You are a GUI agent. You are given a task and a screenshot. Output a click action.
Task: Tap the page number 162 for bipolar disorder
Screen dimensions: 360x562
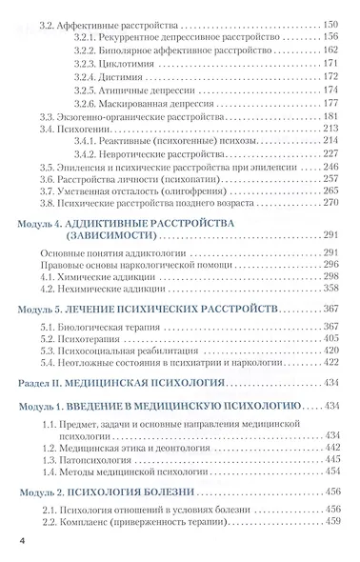coord(331,49)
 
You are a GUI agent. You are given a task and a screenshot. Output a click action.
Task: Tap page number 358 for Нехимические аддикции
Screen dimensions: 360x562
coord(331,287)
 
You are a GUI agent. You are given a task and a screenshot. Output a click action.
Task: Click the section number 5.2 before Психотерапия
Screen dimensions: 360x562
coord(49,337)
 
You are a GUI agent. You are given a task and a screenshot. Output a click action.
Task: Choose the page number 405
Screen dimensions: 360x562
coord(331,337)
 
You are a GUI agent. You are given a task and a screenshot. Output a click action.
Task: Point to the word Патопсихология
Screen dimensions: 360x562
coord(97,458)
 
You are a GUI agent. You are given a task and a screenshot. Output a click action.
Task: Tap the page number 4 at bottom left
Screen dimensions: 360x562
coord(20,541)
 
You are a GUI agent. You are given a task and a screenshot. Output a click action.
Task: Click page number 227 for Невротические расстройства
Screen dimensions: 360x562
coord(331,152)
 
